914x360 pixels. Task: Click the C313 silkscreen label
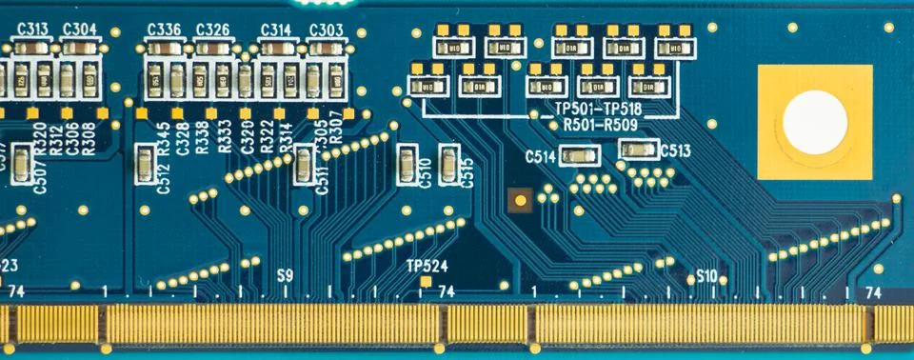click(x=33, y=29)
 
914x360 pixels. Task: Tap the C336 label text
click(x=165, y=30)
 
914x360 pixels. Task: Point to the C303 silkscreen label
click(x=327, y=30)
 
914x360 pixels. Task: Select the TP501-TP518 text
click(x=604, y=110)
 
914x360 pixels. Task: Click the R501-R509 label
click(x=602, y=125)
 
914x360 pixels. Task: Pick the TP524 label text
click(x=427, y=266)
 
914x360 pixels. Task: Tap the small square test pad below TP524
click(x=427, y=283)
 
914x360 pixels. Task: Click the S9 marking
click(x=285, y=275)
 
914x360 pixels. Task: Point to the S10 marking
click(x=705, y=276)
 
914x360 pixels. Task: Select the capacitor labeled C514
click(x=579, y=155)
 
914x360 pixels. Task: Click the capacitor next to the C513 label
click(x=638, y=150)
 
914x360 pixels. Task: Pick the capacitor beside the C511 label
click(x=304, y=166)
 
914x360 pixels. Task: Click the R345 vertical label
click(x=164, y=139)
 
